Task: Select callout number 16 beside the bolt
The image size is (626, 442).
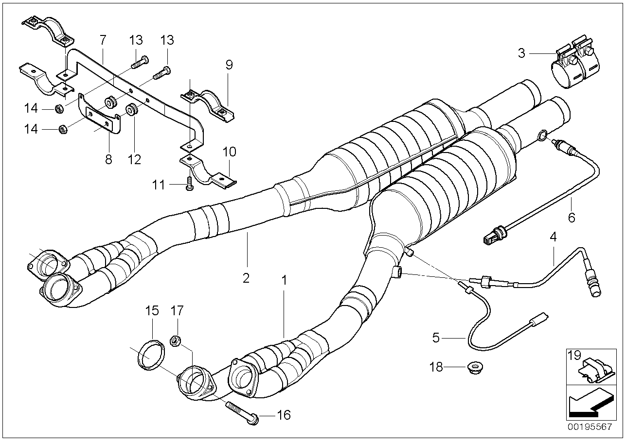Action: click(x=284, y=415)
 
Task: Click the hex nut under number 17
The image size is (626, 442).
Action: click(x=176, y=340)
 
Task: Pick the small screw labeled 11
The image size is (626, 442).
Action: click(x=190, y=185)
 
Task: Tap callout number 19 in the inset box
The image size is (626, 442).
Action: click(x=574, y=355)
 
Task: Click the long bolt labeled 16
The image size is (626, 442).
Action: click(x=241, y=410)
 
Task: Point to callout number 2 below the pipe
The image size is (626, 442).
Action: click(x=246, y=278)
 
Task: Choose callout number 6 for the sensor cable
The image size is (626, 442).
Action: click(x=572, y=217)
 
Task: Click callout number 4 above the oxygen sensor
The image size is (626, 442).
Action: click(x=553, y=238)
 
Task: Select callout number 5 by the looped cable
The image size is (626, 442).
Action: click(x=436, y=337)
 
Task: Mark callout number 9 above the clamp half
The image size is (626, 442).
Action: click(x=229, y=65)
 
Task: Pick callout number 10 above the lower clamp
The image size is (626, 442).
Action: click(x=229, y=152)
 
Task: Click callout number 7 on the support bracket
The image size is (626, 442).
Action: click(x=102, y=38)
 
